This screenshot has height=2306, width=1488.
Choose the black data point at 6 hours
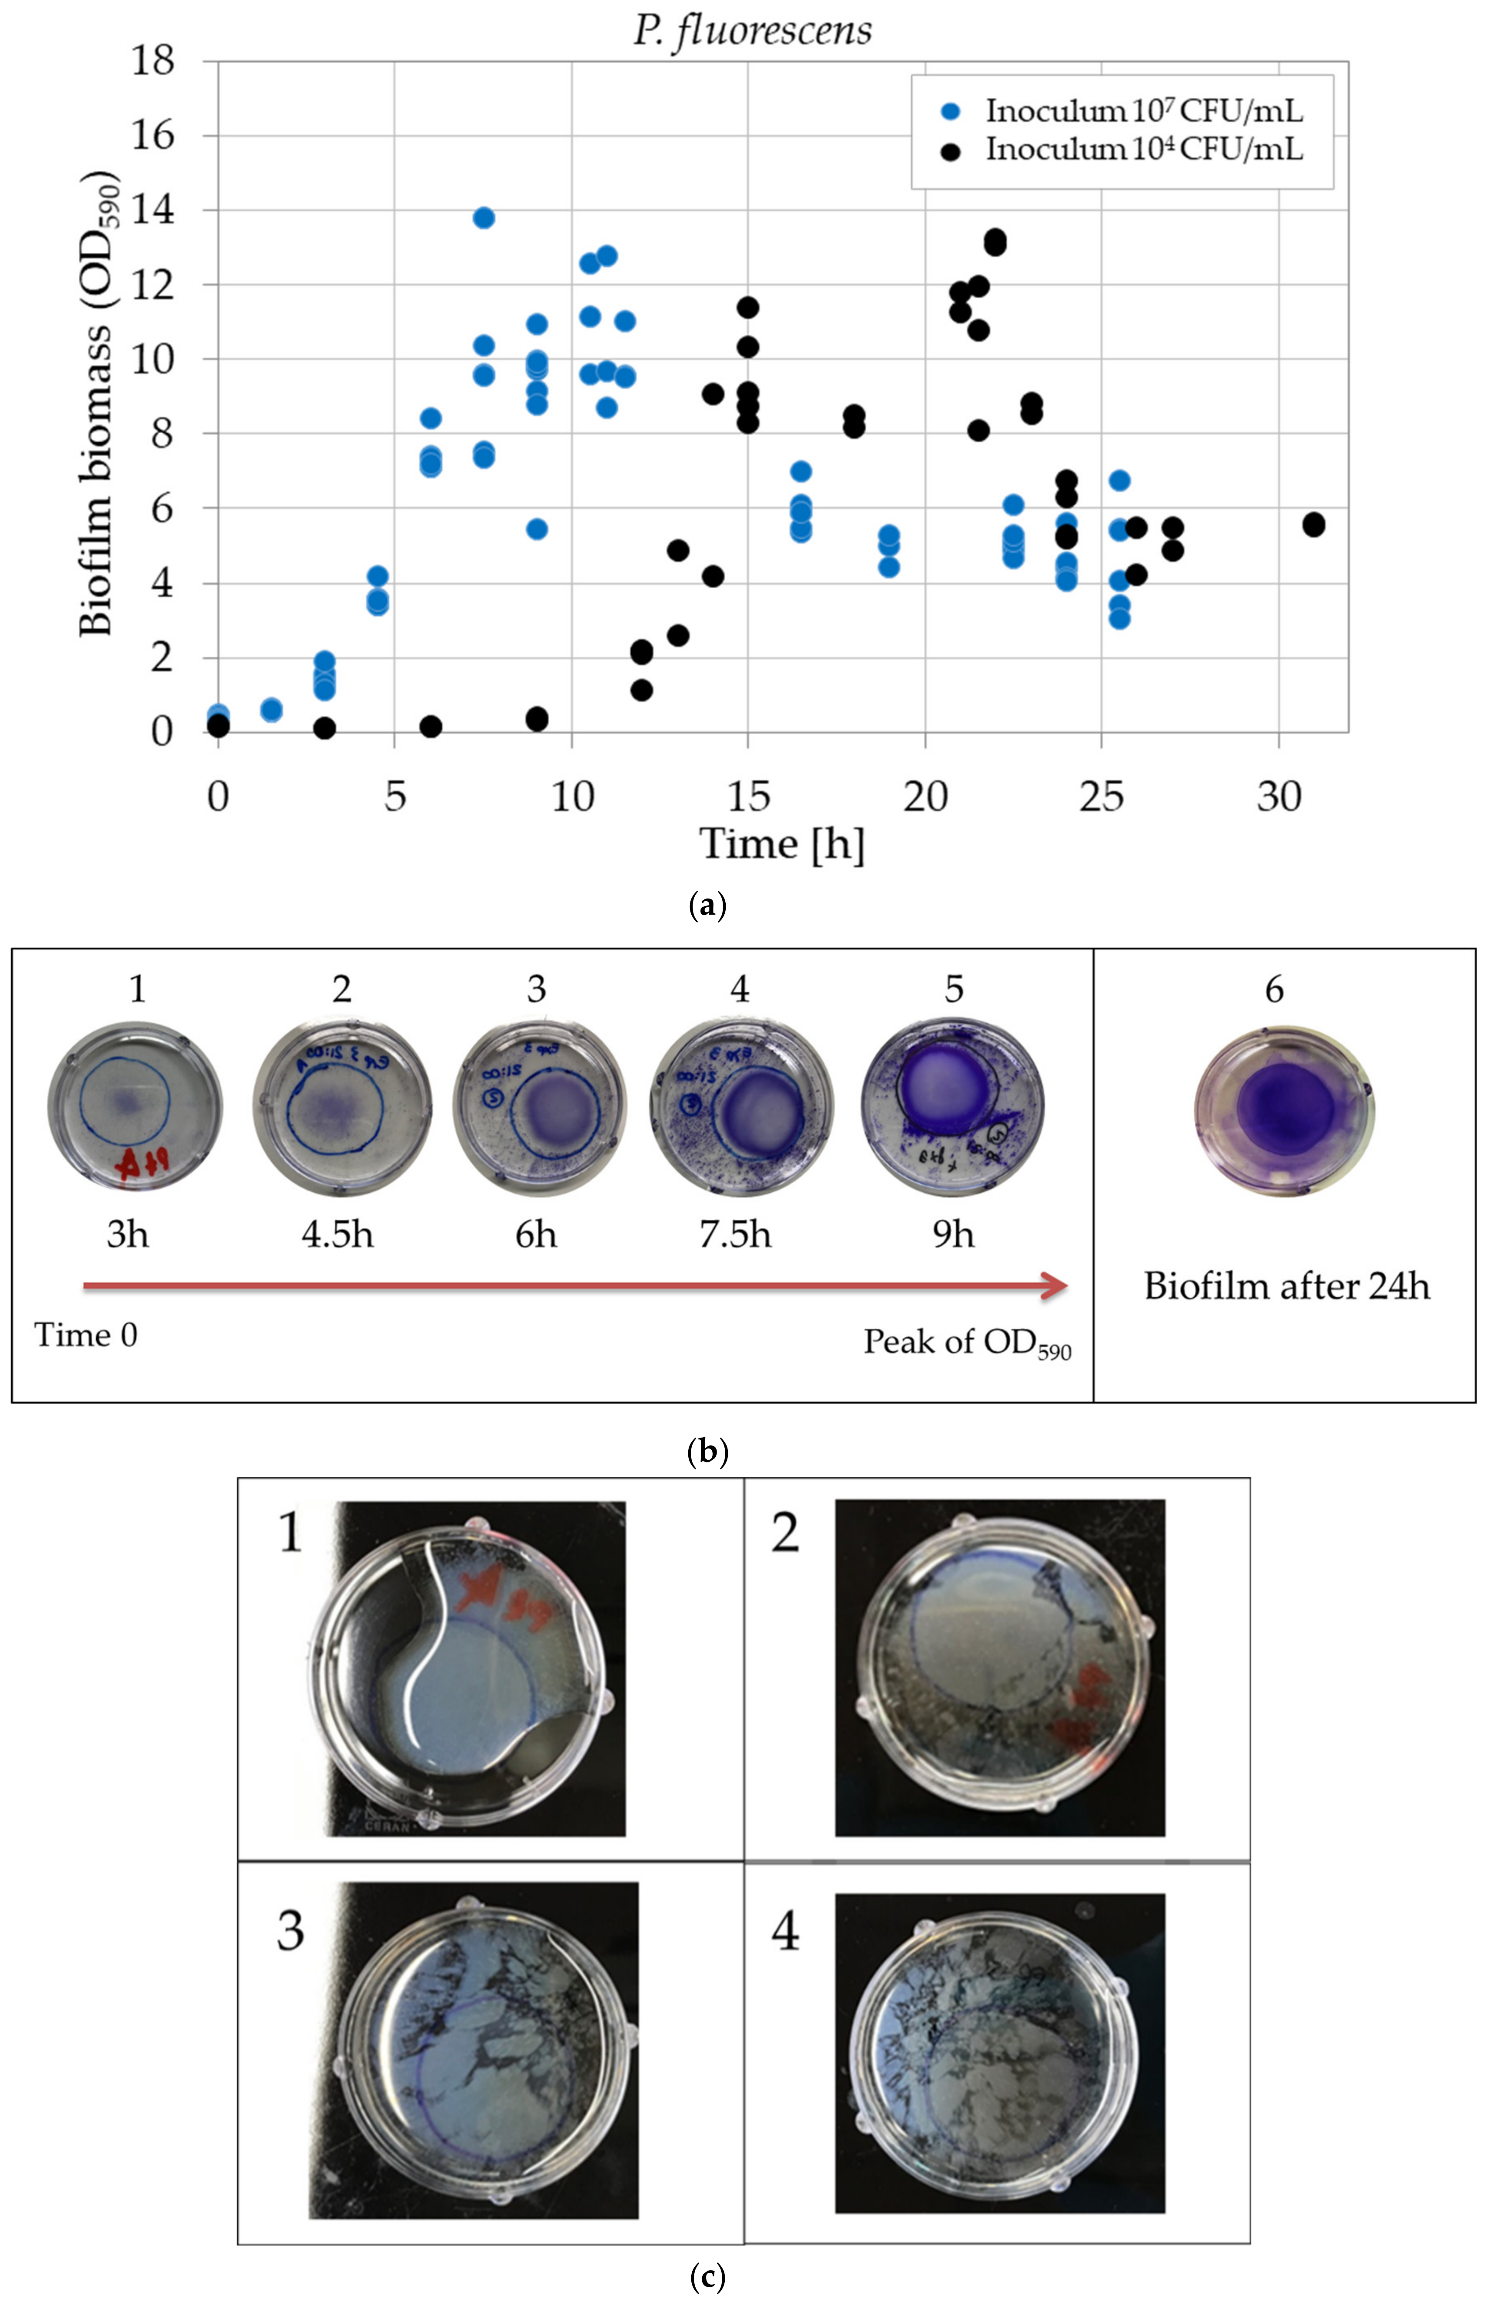tap(431, 726)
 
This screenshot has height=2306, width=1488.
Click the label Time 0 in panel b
tap(86, 1336)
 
